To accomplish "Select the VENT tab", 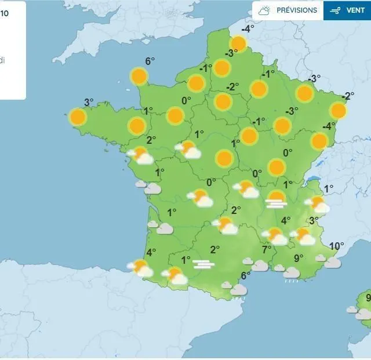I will tap(347, 10).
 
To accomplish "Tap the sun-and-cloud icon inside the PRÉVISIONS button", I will tap(265, 10).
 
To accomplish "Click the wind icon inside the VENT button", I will tap(334, 10).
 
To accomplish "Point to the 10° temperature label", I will tap(336, 245).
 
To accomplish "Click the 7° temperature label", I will tap(267, 250).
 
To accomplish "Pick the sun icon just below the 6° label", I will tap(139, 76).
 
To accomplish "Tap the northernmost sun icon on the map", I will tap(238, 43).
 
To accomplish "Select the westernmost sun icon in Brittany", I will tap(78, 117).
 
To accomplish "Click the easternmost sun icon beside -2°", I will tap(339, 110).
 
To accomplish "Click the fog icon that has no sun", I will tap(203, 264).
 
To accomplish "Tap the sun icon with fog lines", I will tap(276, 199).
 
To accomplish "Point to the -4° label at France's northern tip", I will tap(248, 29).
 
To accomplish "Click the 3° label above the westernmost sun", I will tap(88, 103).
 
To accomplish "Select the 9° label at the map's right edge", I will tap(368, 299).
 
